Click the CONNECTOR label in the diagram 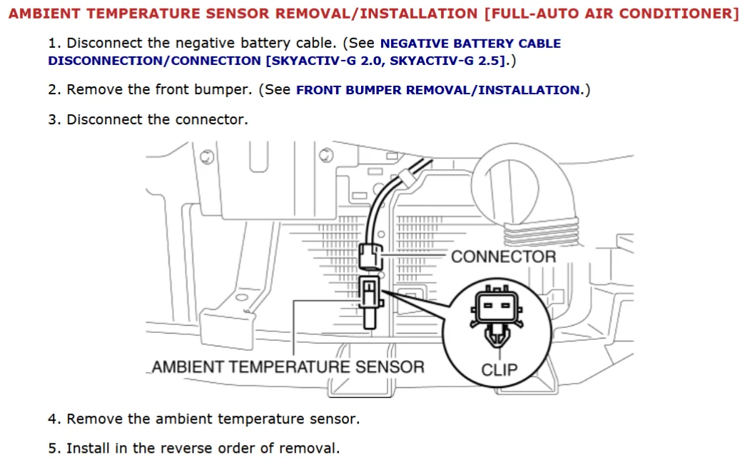(503, 256)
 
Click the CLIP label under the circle (499, 370)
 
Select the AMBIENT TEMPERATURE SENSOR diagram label (288, 367)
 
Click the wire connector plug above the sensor (370, 254)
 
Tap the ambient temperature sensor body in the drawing (369, 300)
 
